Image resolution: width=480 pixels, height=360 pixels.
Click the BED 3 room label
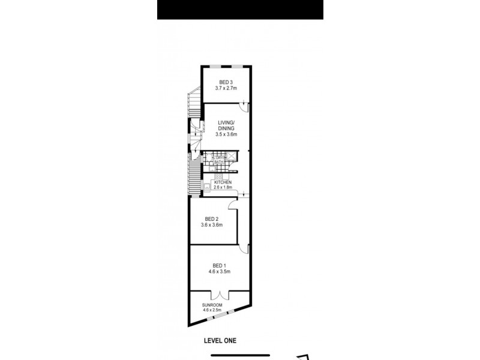pos(226,82)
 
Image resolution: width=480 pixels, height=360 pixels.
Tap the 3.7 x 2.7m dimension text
pos(226,88)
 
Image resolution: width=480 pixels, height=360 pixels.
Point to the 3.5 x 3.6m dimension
pos(226,134)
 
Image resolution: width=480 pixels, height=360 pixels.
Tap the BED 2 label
pos(212,218)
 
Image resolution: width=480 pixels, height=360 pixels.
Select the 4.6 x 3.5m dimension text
pos(220,271)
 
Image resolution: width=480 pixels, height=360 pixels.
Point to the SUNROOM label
pos(212,305)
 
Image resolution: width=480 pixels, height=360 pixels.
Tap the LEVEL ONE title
pos(220,340)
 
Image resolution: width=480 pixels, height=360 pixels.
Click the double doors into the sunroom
pos(220,295)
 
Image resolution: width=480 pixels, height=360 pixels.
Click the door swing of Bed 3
pos(242,107)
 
